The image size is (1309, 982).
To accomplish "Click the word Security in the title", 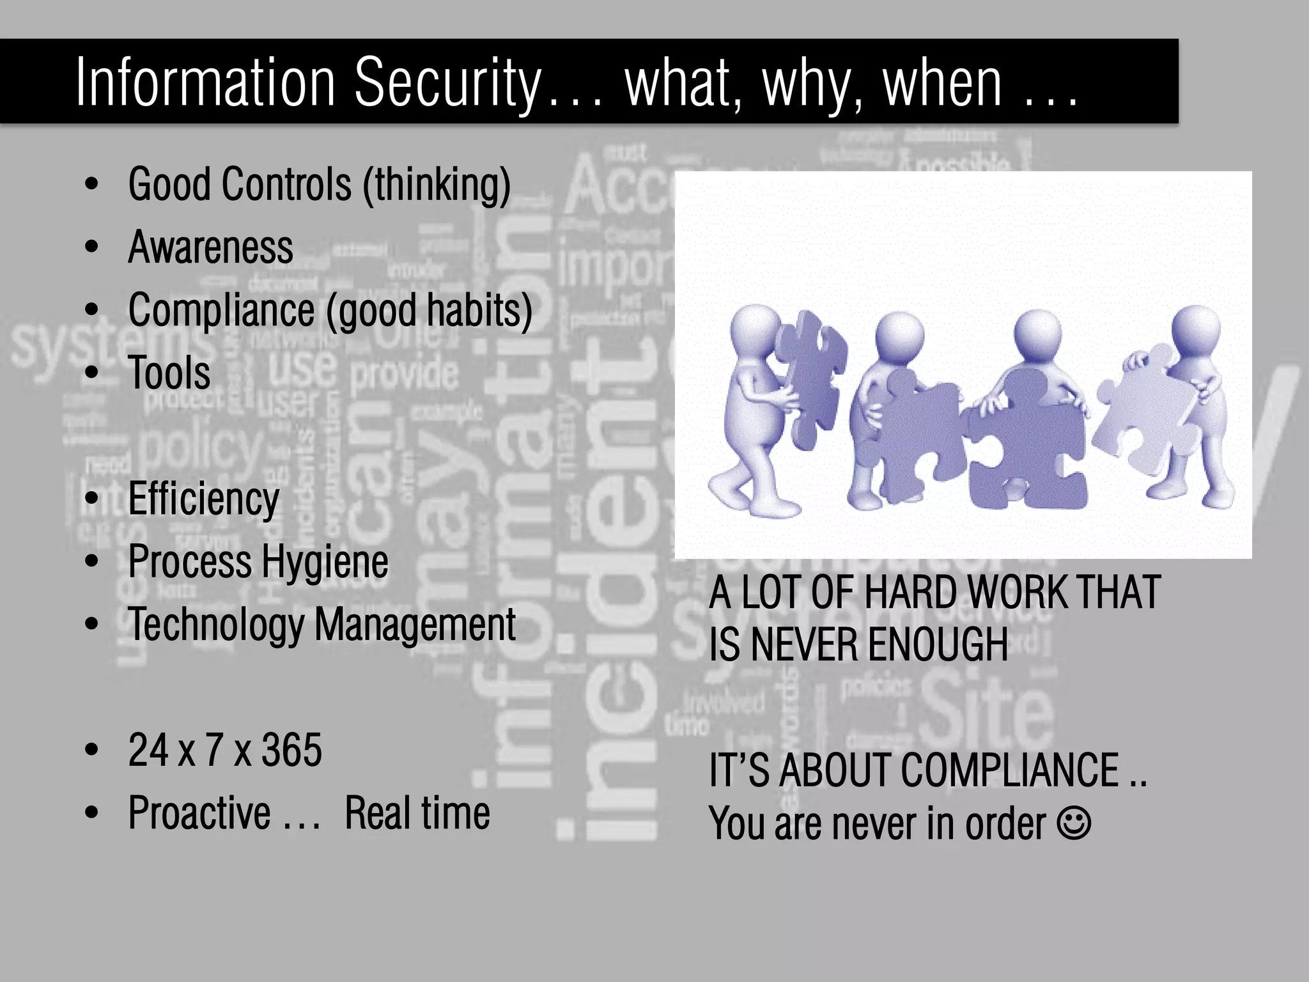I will pyautogui.click(x=447, y=83).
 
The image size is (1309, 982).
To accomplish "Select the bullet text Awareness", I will pyautogui.click(x=210, y=247).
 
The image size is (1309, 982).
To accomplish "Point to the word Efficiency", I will pyautogui.click(x=203, y=499).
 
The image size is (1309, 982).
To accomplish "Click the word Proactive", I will pyautogui.click(x=199, y=813).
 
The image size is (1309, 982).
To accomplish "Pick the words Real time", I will pyautogui.click(x=417, y=813).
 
